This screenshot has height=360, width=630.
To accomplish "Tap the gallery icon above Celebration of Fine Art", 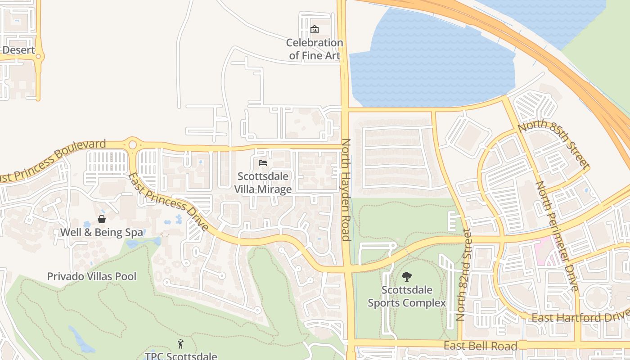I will (315, 29).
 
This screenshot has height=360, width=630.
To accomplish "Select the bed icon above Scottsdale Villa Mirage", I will (263, 163).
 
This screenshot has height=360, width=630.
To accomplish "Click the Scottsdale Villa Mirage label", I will (263, 183).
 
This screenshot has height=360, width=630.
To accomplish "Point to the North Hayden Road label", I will (346, 189).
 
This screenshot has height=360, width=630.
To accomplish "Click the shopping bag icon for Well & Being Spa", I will (102, 219).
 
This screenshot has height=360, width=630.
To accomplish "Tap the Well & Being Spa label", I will (102, 233).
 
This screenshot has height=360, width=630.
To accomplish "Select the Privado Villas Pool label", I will (92, 276).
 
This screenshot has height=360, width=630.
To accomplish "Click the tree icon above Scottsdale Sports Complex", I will (406, 276).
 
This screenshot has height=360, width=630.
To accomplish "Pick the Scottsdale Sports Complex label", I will (407, 297).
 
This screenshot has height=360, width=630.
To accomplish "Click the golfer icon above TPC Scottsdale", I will (180, 344).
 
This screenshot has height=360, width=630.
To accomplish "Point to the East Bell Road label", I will (480, 346).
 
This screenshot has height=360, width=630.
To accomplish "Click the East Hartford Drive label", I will (580, 318).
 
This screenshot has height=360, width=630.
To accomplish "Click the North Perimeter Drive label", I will (556, 236).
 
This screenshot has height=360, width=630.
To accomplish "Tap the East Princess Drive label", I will (169, 202).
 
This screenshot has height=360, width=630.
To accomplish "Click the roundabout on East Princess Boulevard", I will (132, 145).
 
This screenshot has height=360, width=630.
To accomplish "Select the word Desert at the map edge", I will (18, 50).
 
